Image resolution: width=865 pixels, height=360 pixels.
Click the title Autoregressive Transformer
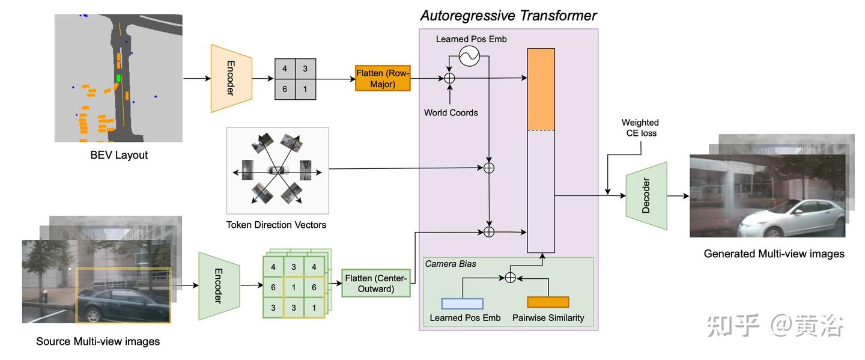tap(508, 15)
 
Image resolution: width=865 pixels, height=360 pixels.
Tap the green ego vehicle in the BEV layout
tap(119, 78)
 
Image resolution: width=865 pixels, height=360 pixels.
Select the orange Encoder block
tap(231, 78)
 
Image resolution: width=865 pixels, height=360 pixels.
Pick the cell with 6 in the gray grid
tap(285, 89)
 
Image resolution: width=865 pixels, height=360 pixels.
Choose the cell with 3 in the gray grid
tap(305, 69)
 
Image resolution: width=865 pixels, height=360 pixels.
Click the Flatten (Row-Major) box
tap(383, 78)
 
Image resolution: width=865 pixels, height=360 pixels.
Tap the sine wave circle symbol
tap(469, 57)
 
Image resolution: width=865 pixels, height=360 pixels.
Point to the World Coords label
tap(451, 112)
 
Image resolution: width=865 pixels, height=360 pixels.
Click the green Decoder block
tap(646, 195)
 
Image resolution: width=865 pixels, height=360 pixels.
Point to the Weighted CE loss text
tap(640, 127)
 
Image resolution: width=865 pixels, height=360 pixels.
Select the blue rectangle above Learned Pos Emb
tap(462, 303)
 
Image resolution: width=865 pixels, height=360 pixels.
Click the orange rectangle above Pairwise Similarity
tap(548, 302)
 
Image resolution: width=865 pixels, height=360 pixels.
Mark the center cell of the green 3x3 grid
tap(294, 287)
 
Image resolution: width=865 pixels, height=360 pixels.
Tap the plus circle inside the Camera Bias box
tap(510, 277)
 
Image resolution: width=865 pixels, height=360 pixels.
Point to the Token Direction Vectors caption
tap(276, 225)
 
